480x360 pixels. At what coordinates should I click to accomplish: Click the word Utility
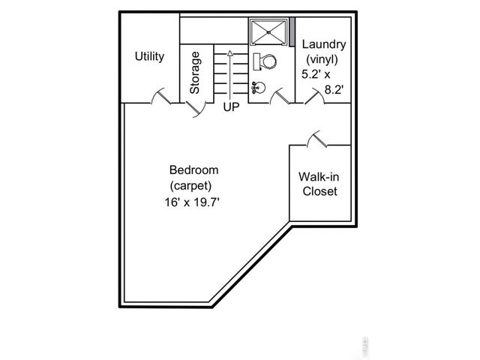(x=149, y=56)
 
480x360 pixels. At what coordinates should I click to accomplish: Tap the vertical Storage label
(x=195, y=72)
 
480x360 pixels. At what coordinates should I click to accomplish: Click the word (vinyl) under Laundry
(x=321, y=60)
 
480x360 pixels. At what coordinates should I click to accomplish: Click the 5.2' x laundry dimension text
(x=316, y=74)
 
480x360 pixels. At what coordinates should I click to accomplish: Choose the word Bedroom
(x=193, y=169)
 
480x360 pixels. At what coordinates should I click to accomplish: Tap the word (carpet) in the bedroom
(x=191, y=185)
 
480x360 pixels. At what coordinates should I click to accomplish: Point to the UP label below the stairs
(x=230, y=107)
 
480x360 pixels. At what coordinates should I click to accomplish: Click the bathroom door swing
(x=280, y=96)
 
